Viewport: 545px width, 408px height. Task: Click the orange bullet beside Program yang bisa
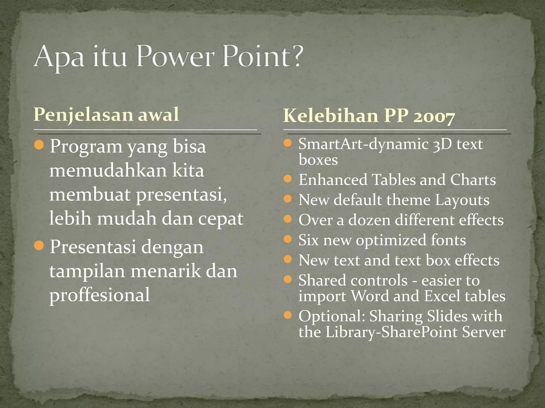tap(39, 145)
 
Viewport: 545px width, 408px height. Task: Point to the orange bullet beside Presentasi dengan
tap(39, 245)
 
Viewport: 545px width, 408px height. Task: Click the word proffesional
tap(100, 295)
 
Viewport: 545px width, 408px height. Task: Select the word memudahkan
tap(108, 171)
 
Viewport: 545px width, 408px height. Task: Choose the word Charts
tap(473, 180)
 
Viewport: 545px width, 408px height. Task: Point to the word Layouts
tap(462, 200)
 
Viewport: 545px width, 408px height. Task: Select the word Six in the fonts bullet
tap(308, 240)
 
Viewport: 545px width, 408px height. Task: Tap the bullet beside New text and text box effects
tap(288, 259)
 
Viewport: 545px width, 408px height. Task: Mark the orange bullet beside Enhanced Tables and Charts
tap(288, 178)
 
